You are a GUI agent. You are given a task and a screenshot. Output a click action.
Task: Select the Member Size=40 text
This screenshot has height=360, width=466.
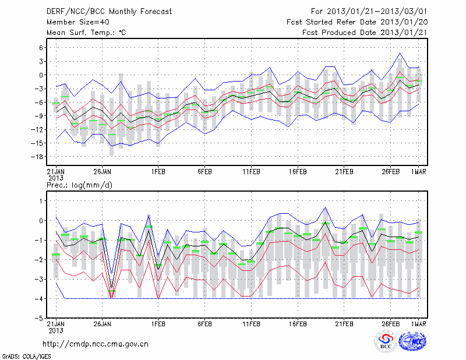75,22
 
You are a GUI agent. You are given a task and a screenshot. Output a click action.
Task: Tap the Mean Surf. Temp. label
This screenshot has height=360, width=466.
86,33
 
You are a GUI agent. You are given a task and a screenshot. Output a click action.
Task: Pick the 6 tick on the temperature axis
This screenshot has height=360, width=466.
41,48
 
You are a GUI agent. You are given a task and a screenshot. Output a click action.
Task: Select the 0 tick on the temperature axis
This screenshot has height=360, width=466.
41,75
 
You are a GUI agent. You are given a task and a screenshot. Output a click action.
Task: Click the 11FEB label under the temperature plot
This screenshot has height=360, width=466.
251,172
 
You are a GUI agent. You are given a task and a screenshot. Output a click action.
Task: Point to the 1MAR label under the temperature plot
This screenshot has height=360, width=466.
419,172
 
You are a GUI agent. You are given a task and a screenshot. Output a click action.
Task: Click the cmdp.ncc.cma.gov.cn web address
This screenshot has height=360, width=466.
96,344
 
